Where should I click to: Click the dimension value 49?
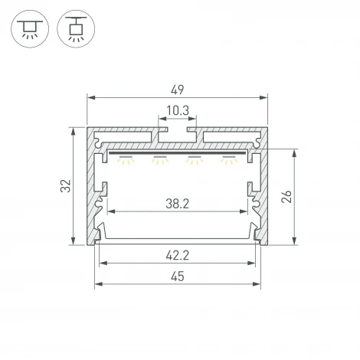178,90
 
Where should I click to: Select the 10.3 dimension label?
178,110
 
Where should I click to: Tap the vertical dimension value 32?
66,185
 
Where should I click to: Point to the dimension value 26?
286,196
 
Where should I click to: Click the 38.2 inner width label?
178,204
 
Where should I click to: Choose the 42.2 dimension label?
178,255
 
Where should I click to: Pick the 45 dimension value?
178,277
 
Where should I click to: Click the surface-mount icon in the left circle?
30,29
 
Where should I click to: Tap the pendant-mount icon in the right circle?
76,28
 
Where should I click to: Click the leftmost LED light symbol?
126,159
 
